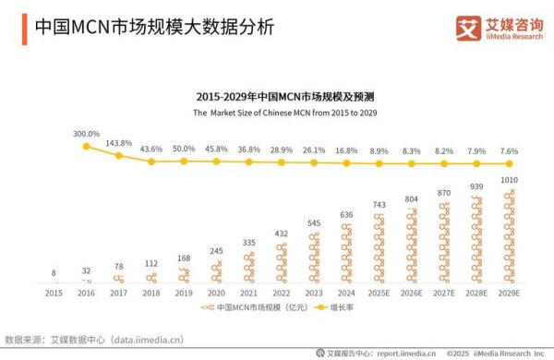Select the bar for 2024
[x=346, y=253]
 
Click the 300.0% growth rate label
[x=87, y=134]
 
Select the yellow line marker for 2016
[x=87, y=146]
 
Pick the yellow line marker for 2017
[x=119, y=155]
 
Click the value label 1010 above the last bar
[x=508, y=181]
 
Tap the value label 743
[x=379, y=205]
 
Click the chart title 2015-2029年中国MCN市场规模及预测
[x=277, y=96]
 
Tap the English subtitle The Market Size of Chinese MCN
[x=277, y=112]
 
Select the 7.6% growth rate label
[x=508, y=150]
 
